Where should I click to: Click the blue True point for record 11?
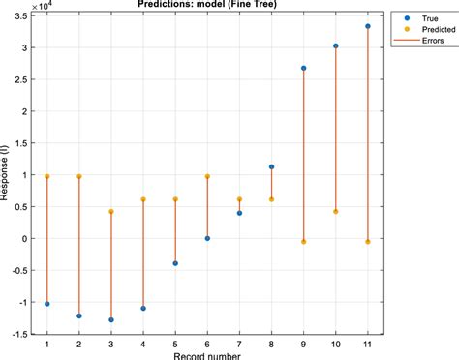pos(368,26)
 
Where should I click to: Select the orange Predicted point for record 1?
pos(47,177)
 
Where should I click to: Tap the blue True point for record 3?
pos(111,319)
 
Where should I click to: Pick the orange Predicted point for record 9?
pos(304,242)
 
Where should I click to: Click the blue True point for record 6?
pos(207,238)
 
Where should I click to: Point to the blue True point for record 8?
pos(272,166)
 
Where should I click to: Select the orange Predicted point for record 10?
pos(336,212)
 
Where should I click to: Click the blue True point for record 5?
pos(175,263)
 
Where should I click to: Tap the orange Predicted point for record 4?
pos(143,199)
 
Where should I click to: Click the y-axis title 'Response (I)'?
pos(8,175)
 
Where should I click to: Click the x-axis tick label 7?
pos(239,344)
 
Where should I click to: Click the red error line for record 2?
pos(79,247)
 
